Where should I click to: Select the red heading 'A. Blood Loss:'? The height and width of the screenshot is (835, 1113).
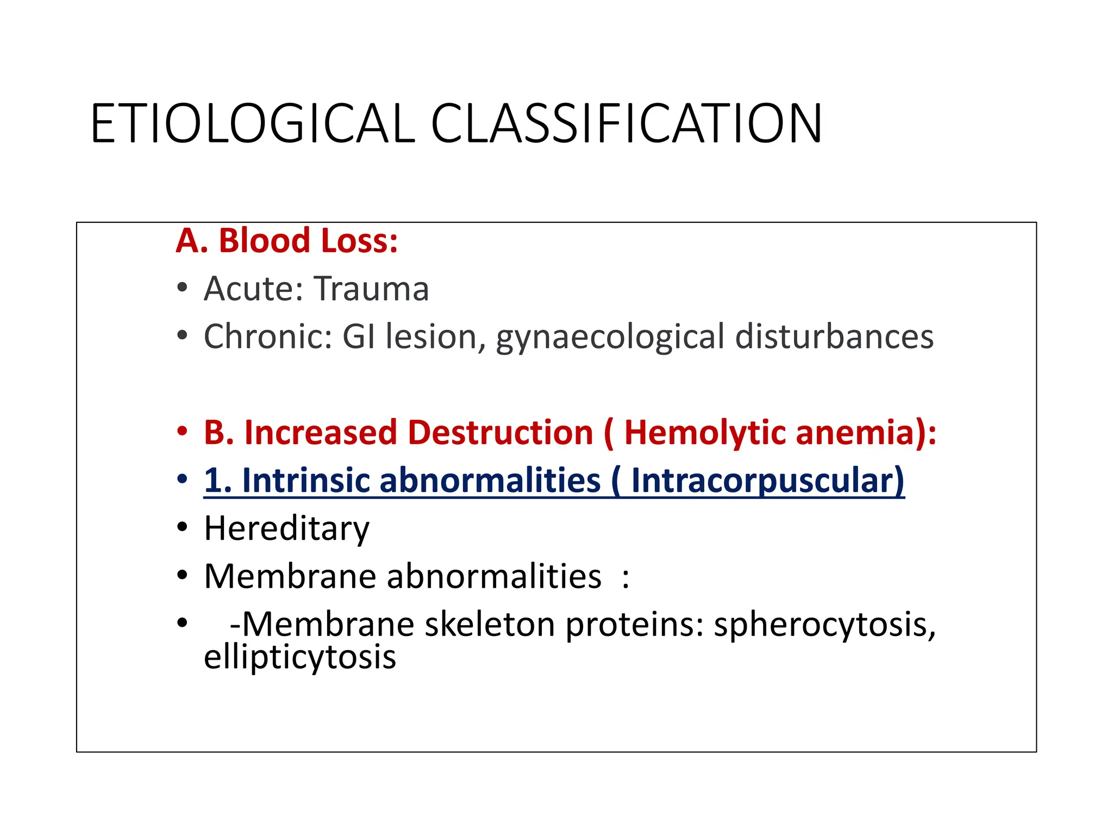(286, 240)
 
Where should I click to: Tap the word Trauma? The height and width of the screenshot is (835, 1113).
(371, 289)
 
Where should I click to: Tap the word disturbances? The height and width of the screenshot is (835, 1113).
(834, 337)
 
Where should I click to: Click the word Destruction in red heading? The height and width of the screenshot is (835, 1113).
(500, 433)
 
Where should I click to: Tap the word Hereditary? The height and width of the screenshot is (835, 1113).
(286, 528)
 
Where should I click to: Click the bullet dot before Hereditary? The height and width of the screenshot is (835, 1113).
(182, 527)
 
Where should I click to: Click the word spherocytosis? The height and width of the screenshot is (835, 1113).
(824, 625)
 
